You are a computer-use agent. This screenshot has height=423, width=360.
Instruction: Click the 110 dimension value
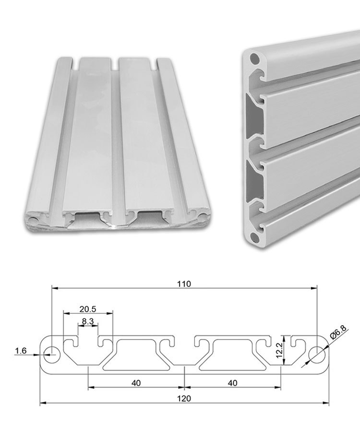[x=184, y=284]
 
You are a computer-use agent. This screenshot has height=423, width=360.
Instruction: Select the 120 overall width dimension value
[x=184, y=398]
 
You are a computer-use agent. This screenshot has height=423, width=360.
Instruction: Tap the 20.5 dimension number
[x=88, y=309]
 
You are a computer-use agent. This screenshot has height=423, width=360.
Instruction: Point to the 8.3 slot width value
[x=88, y=321]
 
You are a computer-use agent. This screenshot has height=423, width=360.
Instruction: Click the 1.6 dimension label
[x=21, y=351]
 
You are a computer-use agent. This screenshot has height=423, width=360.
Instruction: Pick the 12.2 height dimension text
[x=279, y=351]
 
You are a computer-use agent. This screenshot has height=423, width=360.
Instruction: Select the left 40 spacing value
[x=136, y=383]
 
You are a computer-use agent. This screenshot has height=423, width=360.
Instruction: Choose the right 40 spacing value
[x=232, y=383]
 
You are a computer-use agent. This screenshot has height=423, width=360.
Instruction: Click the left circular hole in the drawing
[x=52, y=355]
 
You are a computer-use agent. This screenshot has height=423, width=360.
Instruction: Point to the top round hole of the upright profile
[x=254, y=59]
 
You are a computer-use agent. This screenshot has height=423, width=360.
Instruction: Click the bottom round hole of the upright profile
[x=254, y=237]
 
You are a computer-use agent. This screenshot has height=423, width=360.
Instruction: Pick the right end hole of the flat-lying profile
[x=202, y=217]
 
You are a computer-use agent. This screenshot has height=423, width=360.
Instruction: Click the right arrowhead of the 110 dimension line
[x=314, y=288]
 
